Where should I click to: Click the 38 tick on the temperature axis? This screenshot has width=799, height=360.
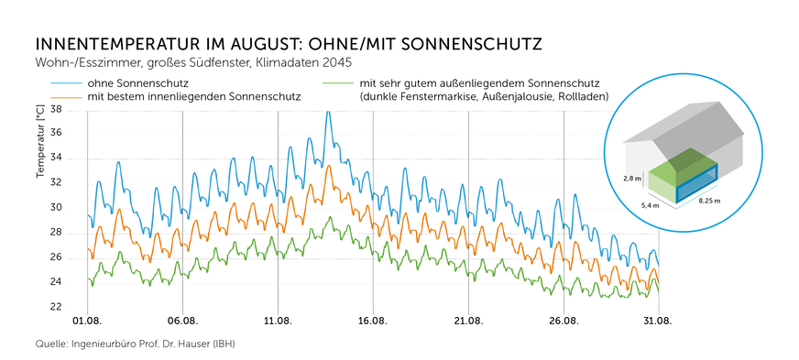[55, 109]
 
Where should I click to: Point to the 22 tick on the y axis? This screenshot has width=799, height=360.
[55, 307]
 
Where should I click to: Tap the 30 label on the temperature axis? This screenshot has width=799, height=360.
[55, 208]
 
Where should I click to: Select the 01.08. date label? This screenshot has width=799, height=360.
[87, 322]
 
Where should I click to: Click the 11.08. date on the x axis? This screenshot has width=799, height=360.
[278, 322]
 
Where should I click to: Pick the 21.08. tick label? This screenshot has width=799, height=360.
[468, 322]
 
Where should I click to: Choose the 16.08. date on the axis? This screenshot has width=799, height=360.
[373, 322]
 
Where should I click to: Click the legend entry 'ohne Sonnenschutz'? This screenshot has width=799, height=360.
[138, 83]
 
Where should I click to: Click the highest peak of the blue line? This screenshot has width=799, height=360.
[327, 112]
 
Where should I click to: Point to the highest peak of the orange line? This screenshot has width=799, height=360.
[328, 165]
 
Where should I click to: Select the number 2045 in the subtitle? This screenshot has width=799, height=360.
[335, 63]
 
